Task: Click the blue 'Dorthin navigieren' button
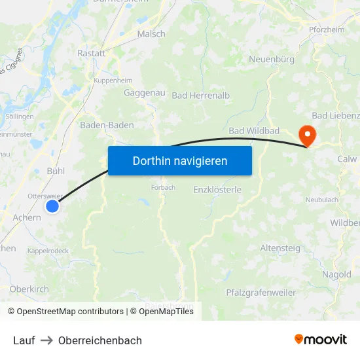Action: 179,160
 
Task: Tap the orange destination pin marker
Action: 306,134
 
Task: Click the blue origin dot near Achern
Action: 52,206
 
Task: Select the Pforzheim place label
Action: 327,29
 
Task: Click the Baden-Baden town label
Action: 107,125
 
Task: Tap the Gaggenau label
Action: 144,93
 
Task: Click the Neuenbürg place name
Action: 272,60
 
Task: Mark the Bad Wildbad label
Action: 254,132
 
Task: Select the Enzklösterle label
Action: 217,190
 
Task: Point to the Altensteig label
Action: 280,248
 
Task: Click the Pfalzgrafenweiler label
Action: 261,293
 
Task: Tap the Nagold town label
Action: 336,275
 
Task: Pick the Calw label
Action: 347,159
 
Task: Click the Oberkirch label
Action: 29,289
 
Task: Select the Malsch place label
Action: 151,33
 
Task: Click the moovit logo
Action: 320,339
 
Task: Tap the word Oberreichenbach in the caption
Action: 100,340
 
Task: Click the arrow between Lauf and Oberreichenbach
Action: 46,340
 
